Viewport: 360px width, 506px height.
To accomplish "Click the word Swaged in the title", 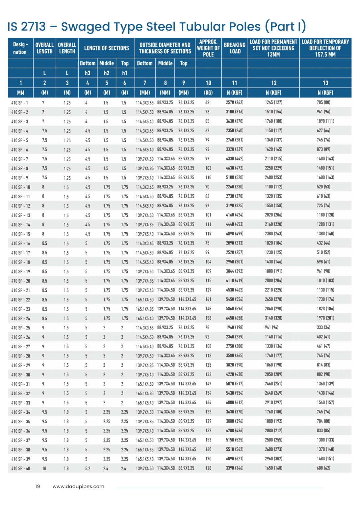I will tap(85, 27).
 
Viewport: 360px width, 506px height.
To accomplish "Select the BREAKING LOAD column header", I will tap(235, 48).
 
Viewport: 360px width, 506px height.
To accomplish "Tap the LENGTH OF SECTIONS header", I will tap(107, 48).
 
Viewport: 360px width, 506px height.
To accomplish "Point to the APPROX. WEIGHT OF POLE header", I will tap(208, 48).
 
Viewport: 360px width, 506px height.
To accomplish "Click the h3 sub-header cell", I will tap(88, 73).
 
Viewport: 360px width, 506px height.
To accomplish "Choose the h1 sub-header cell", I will tap(125, 73).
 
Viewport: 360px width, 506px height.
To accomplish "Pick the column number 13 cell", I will tap(325, 83).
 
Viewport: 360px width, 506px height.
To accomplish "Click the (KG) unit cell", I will tap(208, 93).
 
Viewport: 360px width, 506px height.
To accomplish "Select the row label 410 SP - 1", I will tap(20, 103).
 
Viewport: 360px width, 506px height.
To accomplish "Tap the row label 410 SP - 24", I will tap(21, 319).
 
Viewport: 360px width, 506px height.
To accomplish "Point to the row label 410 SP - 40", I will tap(21, 468).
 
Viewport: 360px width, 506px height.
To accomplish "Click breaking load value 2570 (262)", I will tap(235, 102).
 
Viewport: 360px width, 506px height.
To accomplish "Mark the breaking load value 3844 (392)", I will tap(235, 271).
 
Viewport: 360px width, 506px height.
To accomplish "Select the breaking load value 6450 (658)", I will tap(235, 318).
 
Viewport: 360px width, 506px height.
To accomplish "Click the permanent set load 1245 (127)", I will tap(273, 102).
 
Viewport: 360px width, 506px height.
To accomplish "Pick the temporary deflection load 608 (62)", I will tap(323, 468).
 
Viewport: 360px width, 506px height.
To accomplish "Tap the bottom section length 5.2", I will tap(88, 468).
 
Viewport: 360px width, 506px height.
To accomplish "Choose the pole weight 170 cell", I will tap(208, 459).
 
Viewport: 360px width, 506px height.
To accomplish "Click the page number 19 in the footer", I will tap(38, 487).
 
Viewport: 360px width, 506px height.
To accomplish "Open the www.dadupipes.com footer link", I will tap(78, 487).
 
